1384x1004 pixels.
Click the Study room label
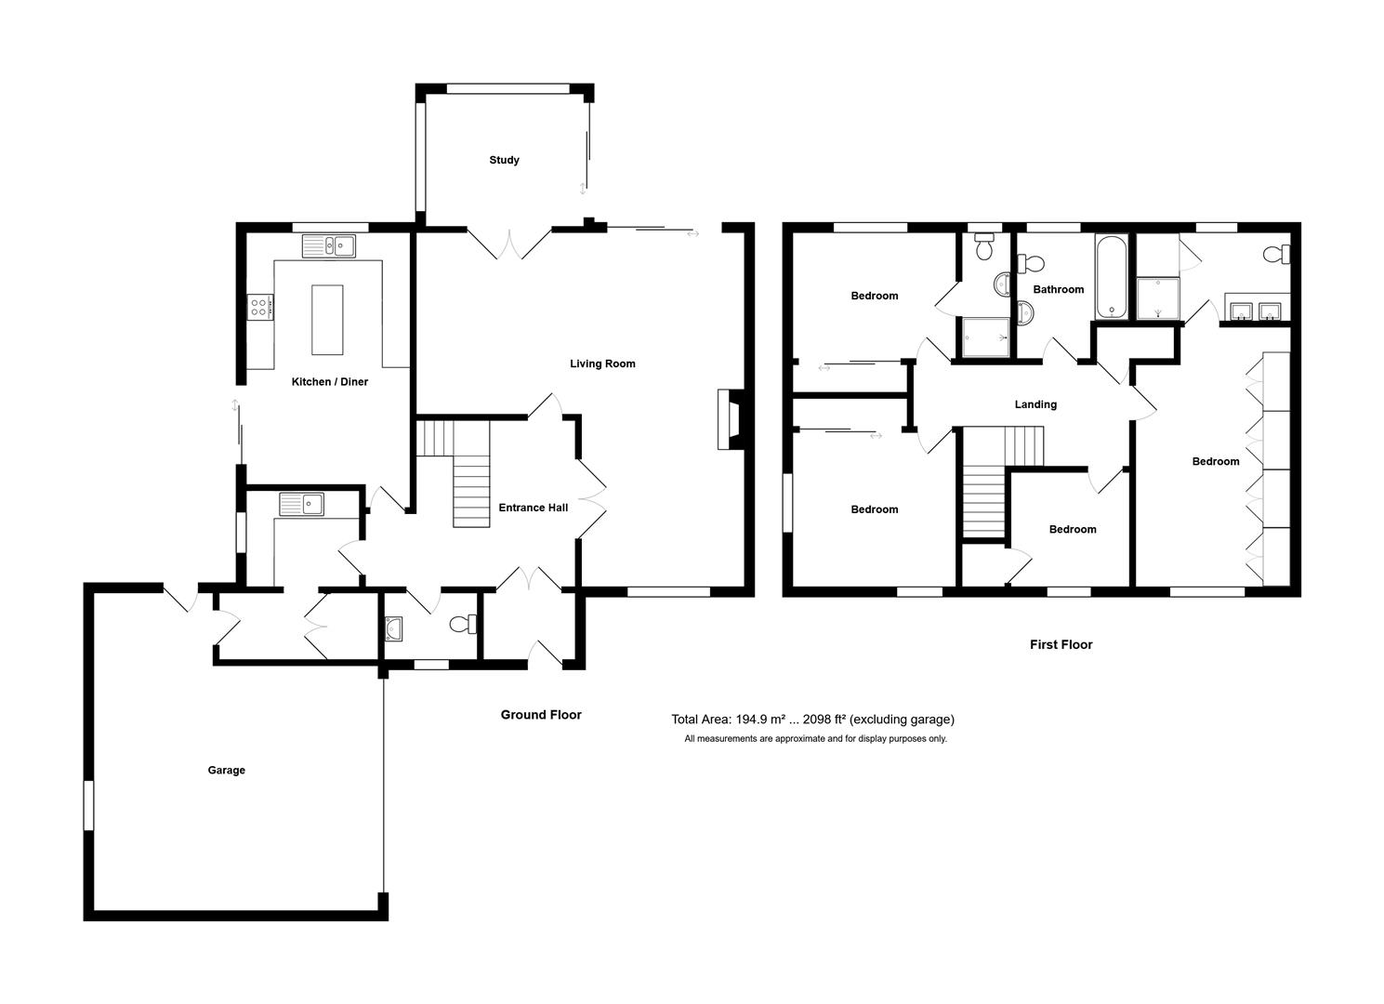(504, 160)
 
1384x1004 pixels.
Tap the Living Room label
(602, 363)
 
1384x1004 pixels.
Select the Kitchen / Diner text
(329, 382)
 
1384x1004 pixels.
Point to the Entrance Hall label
(533, 508)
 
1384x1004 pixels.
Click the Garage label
(226, 770)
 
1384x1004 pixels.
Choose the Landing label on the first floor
(1035, 404)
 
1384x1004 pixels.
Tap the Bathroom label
(1059, 289)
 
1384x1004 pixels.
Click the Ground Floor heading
(541, 715)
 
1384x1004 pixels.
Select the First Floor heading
(1061, 644)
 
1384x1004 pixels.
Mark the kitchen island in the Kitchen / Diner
(326, 320)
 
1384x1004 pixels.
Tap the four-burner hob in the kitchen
(260, 307)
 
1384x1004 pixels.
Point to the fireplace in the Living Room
(728, 420)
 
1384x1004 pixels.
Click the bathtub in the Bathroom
(1111, 277)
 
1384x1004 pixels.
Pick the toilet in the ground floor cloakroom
(462, 625)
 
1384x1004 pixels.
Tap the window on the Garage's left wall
(89, 805)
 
